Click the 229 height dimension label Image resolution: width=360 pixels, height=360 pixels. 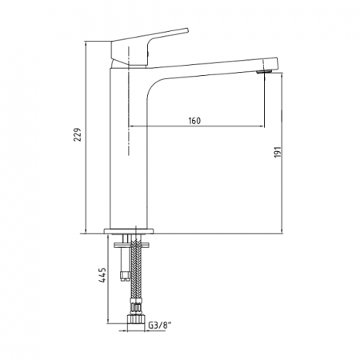78,134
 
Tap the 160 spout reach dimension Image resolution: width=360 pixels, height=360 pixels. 194,121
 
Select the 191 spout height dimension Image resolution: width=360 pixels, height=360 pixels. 278,152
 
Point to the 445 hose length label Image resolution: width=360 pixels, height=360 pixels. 102,275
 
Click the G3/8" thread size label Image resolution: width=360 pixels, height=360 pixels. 159,326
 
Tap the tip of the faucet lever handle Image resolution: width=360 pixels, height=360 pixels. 187,30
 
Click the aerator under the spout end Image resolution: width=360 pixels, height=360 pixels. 264,71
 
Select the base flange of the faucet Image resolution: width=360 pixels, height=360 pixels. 129,231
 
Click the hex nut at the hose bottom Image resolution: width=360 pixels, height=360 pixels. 136,319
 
